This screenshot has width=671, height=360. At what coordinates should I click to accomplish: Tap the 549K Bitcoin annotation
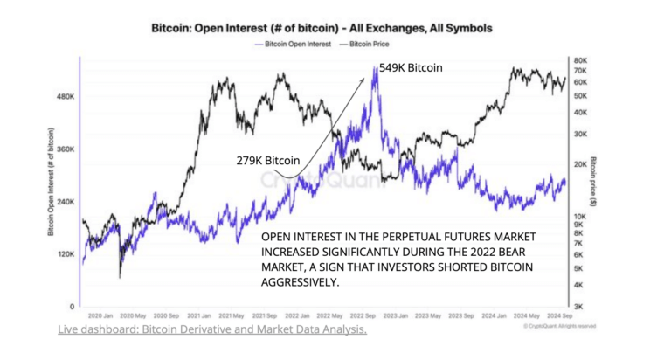pyautogui.click(x=411, y=67)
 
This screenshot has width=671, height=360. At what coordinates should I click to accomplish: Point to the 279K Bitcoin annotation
pyautogui.click(x=268, y=161)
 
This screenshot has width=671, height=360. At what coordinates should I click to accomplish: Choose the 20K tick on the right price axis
pyautogui.click(x=579, y=164)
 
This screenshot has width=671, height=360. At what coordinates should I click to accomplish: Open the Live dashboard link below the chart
pyautogui.click(x=212, y=330)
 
